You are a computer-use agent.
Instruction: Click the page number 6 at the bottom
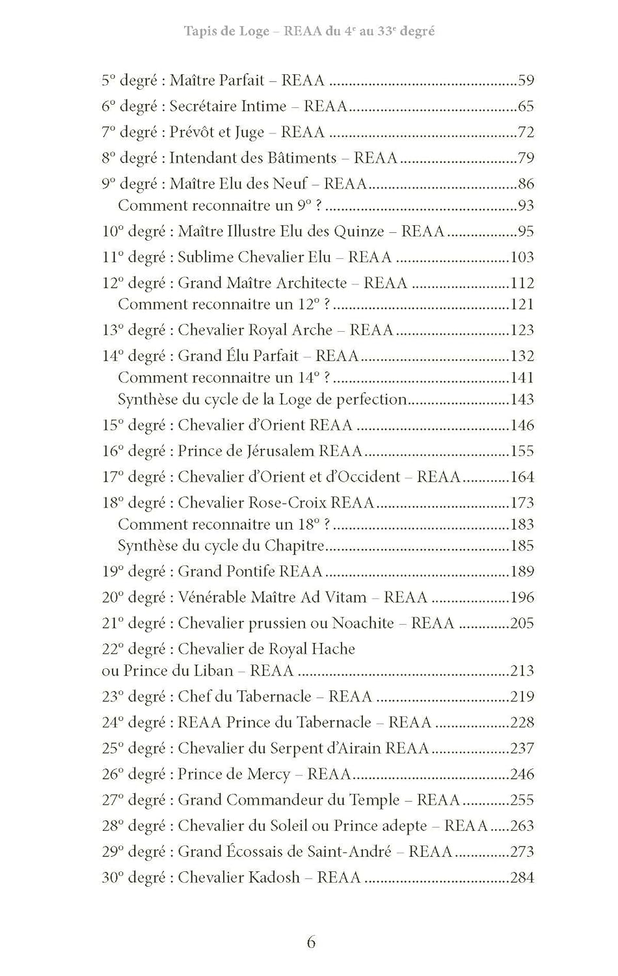point(311,942)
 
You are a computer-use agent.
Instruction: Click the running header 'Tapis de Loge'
point(226,31)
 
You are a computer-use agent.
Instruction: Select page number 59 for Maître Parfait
point(526,81)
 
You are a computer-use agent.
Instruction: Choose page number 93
point(526,206)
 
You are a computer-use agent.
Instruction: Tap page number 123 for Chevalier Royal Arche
point(522,330)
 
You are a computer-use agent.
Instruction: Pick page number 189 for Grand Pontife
point(522,572)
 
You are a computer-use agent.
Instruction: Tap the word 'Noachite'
point(363,623)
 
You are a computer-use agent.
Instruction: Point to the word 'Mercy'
point(270,774)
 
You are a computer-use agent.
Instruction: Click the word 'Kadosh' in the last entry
point(276,878)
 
